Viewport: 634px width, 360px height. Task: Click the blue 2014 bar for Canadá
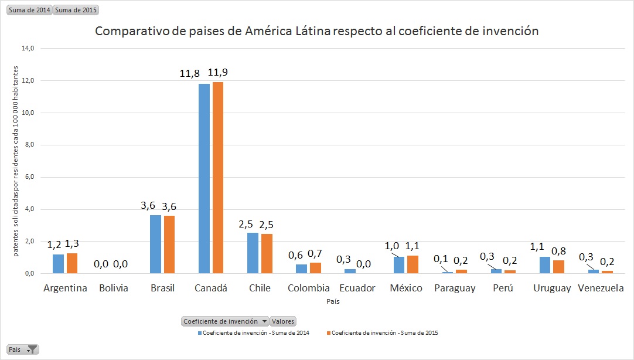pyautogui.click(x=204, y=178)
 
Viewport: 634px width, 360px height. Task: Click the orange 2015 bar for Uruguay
pyautogui.click(x=558, y=267)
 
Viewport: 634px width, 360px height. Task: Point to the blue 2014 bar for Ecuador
pyautogui.click(x=350, y=271)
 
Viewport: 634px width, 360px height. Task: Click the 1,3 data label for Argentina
pyautogui.click(x=72, y=243)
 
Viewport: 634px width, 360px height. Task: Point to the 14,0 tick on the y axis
pyautogui.click(x=28, y=49)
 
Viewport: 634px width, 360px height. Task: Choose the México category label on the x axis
pyautogui.click(x=406, y=288)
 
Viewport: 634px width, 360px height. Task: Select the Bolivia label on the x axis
pyautogui.click(x=114, y=288)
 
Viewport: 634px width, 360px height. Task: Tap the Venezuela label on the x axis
pyautogui.click(x=601, y=288)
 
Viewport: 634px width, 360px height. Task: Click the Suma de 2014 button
pyautogui.click(x=29, y=10)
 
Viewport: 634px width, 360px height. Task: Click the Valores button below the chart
pyautogui.click(x=283, y=321)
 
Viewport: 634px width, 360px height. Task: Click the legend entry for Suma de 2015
pyautogui.click(x=384, y=333)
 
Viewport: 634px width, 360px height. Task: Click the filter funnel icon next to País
pyautogui.click(x=33, y=349)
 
